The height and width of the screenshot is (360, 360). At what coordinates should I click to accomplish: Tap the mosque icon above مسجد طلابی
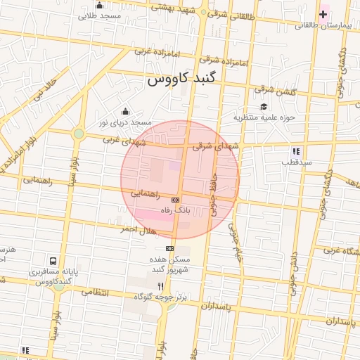pos(99,6)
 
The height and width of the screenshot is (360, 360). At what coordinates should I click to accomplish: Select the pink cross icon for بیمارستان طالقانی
pos(323,14)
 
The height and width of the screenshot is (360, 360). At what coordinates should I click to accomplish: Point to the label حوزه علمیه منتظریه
pos(264,117)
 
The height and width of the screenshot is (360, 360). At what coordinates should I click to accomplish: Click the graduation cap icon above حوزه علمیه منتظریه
pos(264,107)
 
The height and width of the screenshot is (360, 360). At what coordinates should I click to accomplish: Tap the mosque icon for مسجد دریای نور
pos(125,111)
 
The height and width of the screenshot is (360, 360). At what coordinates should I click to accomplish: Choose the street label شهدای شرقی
pos(212,146)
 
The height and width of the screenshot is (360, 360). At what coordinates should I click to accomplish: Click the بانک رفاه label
pos(174,210)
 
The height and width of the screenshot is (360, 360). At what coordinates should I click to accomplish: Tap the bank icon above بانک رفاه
pos(175,200)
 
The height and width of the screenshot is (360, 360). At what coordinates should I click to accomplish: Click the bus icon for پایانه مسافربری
pos(54,260)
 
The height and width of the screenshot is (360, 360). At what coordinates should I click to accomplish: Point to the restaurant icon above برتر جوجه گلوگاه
pos(161,286)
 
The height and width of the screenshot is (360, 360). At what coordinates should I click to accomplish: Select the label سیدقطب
pos(297,162)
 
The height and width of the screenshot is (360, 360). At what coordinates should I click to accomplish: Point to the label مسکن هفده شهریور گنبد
pos(169,264)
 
